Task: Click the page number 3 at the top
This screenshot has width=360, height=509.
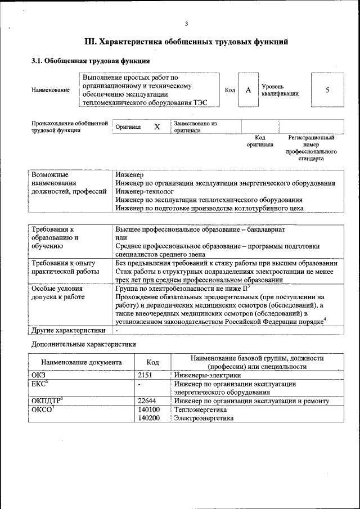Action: [186, 23]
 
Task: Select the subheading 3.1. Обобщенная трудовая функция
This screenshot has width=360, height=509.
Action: [90, 61]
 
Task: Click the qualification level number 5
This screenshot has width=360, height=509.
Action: [327, 90]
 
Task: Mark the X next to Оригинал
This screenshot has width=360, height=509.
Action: [157, 127]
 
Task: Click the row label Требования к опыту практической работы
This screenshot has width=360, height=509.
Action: [63, 267]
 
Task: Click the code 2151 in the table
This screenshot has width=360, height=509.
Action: [145, 375]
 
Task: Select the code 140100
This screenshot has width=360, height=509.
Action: [148, 410]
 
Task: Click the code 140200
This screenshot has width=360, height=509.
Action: [148, 418]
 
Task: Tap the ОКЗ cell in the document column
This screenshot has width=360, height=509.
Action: [39, 375]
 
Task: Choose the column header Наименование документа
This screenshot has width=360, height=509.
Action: [81, 362]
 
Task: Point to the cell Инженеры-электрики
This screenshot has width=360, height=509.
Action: [208, 375]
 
